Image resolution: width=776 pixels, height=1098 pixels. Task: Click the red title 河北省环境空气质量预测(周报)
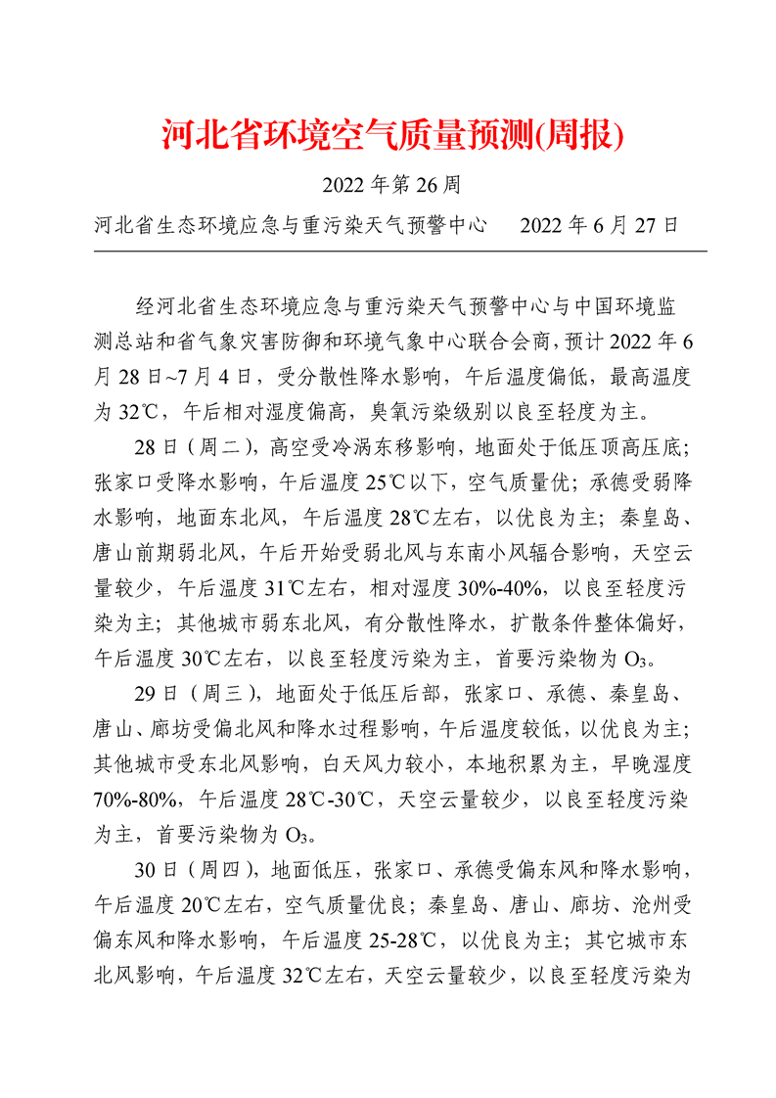[391, 135]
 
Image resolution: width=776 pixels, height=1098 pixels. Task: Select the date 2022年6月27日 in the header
[599, 225]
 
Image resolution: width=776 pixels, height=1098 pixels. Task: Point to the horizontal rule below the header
[400, 251]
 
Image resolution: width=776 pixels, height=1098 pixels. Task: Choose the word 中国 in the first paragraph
[592, 307]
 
